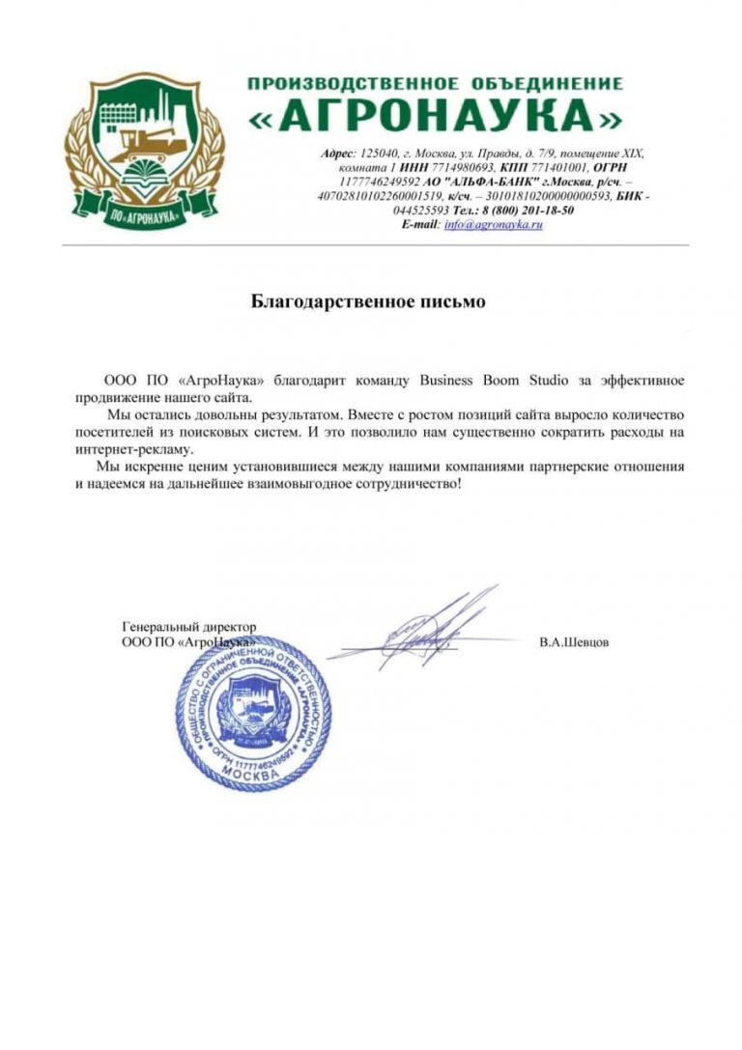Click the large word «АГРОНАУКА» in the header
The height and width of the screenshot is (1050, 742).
coord(435,118)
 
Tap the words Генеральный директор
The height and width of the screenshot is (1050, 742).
coord(189,627)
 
